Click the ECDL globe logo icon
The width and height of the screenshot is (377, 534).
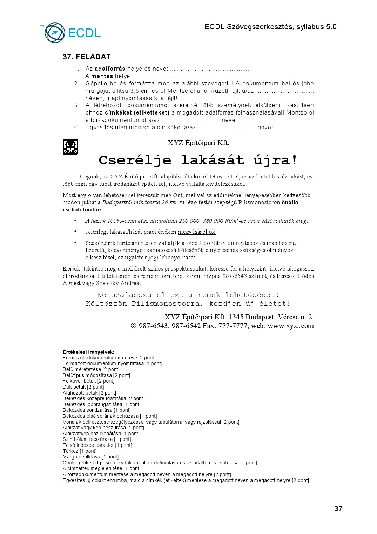[55, 33]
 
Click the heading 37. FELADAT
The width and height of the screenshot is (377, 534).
[87, 57]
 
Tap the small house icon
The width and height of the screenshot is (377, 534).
[70, 147]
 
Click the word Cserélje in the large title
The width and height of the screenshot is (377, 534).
[135, 160]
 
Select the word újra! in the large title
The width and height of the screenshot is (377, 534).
[275, 160]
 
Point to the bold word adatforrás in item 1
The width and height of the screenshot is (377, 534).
[110, 69]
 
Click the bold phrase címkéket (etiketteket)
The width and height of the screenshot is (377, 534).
[137, 113]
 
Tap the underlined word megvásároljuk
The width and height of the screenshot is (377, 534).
[196, 232]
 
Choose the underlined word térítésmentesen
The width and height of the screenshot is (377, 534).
[137, 243]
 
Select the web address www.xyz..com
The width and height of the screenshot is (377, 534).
[290, 326]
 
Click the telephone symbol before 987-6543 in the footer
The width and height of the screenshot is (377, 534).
[134, 326]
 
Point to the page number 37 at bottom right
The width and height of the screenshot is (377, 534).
[338, 509]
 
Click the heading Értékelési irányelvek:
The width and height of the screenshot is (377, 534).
[88, 352]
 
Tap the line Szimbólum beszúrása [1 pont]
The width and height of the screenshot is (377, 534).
[97, 439]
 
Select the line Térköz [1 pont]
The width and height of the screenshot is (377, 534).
[80, 451]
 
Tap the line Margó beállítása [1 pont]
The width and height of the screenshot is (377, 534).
[90, 457]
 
